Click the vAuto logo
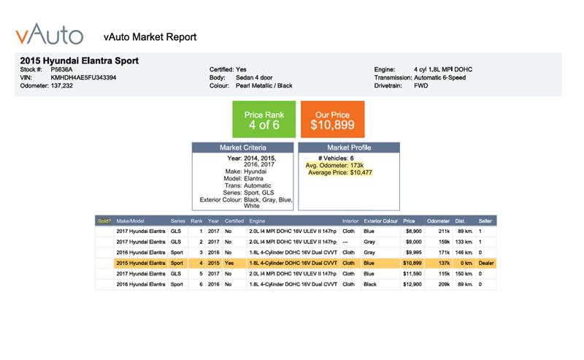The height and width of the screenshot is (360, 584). point(49,34)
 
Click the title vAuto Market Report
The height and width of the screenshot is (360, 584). point(150,37)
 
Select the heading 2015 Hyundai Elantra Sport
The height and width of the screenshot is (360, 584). point(80,61)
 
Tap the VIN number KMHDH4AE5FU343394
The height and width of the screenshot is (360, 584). point(83,77)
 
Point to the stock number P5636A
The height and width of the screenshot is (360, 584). point(61,69)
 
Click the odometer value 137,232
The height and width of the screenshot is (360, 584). point(62,85)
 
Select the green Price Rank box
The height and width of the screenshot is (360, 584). point(264,119)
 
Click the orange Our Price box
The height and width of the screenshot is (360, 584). point(333,119)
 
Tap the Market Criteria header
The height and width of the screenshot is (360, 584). point(243,148)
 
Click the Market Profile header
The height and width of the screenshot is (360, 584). point(349,148)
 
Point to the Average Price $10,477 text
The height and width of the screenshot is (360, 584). point(340,172)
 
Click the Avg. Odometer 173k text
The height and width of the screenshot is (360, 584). point(334,166)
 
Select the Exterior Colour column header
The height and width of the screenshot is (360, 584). point(380,221)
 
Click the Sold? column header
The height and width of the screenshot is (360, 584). point(104,221)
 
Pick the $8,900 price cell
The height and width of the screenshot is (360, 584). point(414,231)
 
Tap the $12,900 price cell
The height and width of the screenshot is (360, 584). point(412,284)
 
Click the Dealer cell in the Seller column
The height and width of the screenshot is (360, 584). point(486,263)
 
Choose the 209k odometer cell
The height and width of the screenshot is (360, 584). point(445,284)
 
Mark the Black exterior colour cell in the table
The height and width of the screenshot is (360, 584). point(370,284)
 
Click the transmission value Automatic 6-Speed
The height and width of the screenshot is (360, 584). point(440,77)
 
